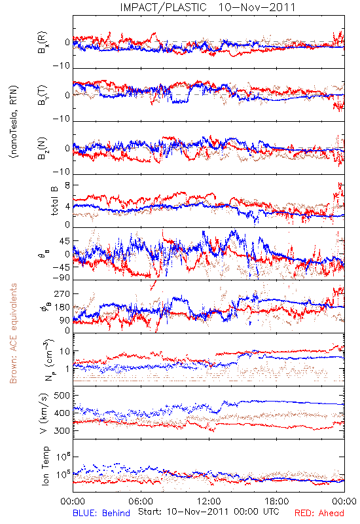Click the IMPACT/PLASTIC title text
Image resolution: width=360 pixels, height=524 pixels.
pos(163,7)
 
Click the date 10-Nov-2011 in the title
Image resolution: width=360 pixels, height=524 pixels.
pos(257,7)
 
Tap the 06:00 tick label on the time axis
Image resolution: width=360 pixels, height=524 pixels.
pos(141,501)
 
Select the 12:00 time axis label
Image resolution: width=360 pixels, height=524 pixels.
pos(209,501)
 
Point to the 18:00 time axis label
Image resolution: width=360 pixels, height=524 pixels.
pos(277,501)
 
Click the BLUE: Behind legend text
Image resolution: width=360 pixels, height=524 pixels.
pos(101,513)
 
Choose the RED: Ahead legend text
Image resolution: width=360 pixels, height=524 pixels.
pos(319,513)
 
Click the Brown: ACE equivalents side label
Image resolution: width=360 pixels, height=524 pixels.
pos(13,333)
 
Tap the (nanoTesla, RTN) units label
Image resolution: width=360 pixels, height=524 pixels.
pos(14,122)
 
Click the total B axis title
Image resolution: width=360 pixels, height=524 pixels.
pos(54,200)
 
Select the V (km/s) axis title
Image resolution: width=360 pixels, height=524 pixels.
pos(44,413)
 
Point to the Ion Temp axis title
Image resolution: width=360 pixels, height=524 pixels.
pos(45,466)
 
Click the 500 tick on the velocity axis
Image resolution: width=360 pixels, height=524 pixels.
pos(62,396)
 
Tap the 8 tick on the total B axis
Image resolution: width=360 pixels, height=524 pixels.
pos(67,185)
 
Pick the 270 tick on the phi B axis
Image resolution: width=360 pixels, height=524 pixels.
pos(62,293)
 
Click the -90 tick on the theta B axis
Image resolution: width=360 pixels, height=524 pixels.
pos(62,278)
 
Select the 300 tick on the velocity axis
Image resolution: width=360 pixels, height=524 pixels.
pos(62,430)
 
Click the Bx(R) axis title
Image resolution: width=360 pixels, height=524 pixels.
pos(43,42)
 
